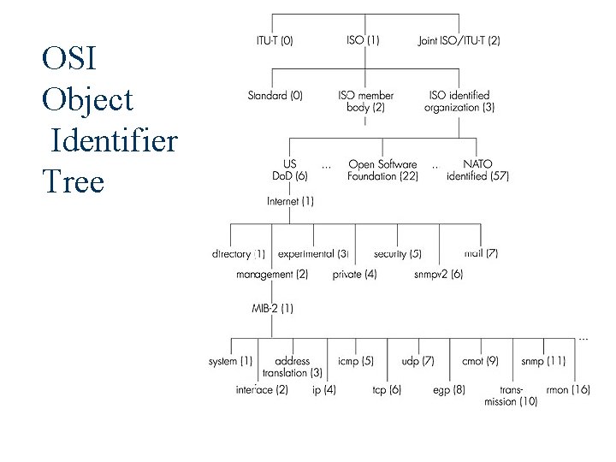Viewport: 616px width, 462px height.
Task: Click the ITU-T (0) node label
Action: (274, 40)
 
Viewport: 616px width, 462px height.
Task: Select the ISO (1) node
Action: (364, 40)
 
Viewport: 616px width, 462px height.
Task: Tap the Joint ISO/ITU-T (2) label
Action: (459, 40)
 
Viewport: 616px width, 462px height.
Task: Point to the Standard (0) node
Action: (275, 96)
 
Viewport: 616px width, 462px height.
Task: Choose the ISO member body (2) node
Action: (365, 101)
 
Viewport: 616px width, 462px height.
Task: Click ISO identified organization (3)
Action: (459, 101)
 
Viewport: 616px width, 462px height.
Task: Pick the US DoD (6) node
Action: (289, 170)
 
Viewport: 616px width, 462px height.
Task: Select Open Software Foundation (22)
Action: (382, 170)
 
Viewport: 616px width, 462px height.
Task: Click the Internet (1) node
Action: (290, 201)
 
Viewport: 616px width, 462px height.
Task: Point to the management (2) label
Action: (272, 275)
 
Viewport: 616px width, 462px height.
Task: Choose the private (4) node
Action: (354, 275)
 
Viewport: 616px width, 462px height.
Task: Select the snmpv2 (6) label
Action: (438, 275)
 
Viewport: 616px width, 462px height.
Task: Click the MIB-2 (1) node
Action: (272, 307)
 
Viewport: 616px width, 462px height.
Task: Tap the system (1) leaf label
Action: (230, 361)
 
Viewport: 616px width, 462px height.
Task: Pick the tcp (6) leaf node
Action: (386, 389)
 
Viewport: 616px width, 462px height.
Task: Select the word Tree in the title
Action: (73, 181)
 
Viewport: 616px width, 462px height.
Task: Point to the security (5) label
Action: (397, 254)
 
